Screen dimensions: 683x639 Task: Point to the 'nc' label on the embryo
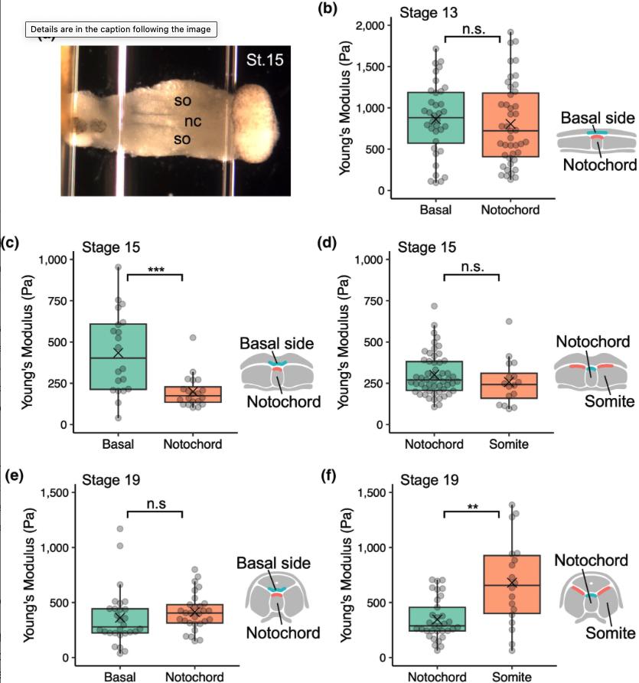click(x=192, y=121)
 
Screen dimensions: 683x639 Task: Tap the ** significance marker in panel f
click(x=473, y=507)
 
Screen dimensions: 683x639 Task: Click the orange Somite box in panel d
click(x=499, y=385)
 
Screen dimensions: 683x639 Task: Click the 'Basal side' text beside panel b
click(x=597, y=118)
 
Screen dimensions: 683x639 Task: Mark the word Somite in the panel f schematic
click(x=610, y=633)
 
